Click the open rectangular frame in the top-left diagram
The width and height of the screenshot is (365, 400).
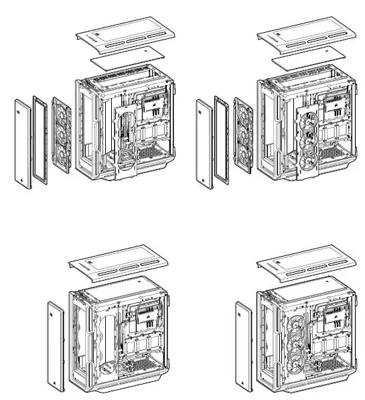42,137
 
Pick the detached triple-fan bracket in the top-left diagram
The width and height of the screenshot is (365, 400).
61,133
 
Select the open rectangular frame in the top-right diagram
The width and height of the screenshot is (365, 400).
223,137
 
